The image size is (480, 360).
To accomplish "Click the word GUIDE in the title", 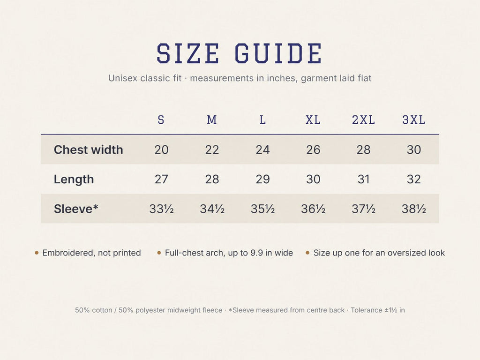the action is (278, 53).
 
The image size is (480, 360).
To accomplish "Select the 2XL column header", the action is (363, 120).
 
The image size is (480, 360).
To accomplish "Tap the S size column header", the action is (161, 120).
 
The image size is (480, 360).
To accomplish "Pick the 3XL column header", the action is (413, 120).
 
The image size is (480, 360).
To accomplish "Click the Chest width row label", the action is (89, 150).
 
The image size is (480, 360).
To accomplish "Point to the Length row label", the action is (74, 180).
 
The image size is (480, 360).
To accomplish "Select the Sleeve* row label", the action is (76, 209).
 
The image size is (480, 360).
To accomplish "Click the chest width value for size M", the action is (212, 150).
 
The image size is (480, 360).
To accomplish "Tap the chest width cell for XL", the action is (313, 150).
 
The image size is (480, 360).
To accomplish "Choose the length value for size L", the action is (262, 180).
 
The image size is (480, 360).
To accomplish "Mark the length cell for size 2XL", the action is (363, 180).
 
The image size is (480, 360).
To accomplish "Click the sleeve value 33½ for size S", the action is (161, 209).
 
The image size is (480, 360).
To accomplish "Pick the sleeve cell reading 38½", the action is (413, 209).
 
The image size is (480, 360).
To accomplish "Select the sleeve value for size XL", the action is (313, 209).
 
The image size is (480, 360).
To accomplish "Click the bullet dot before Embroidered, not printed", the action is (37, 253).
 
